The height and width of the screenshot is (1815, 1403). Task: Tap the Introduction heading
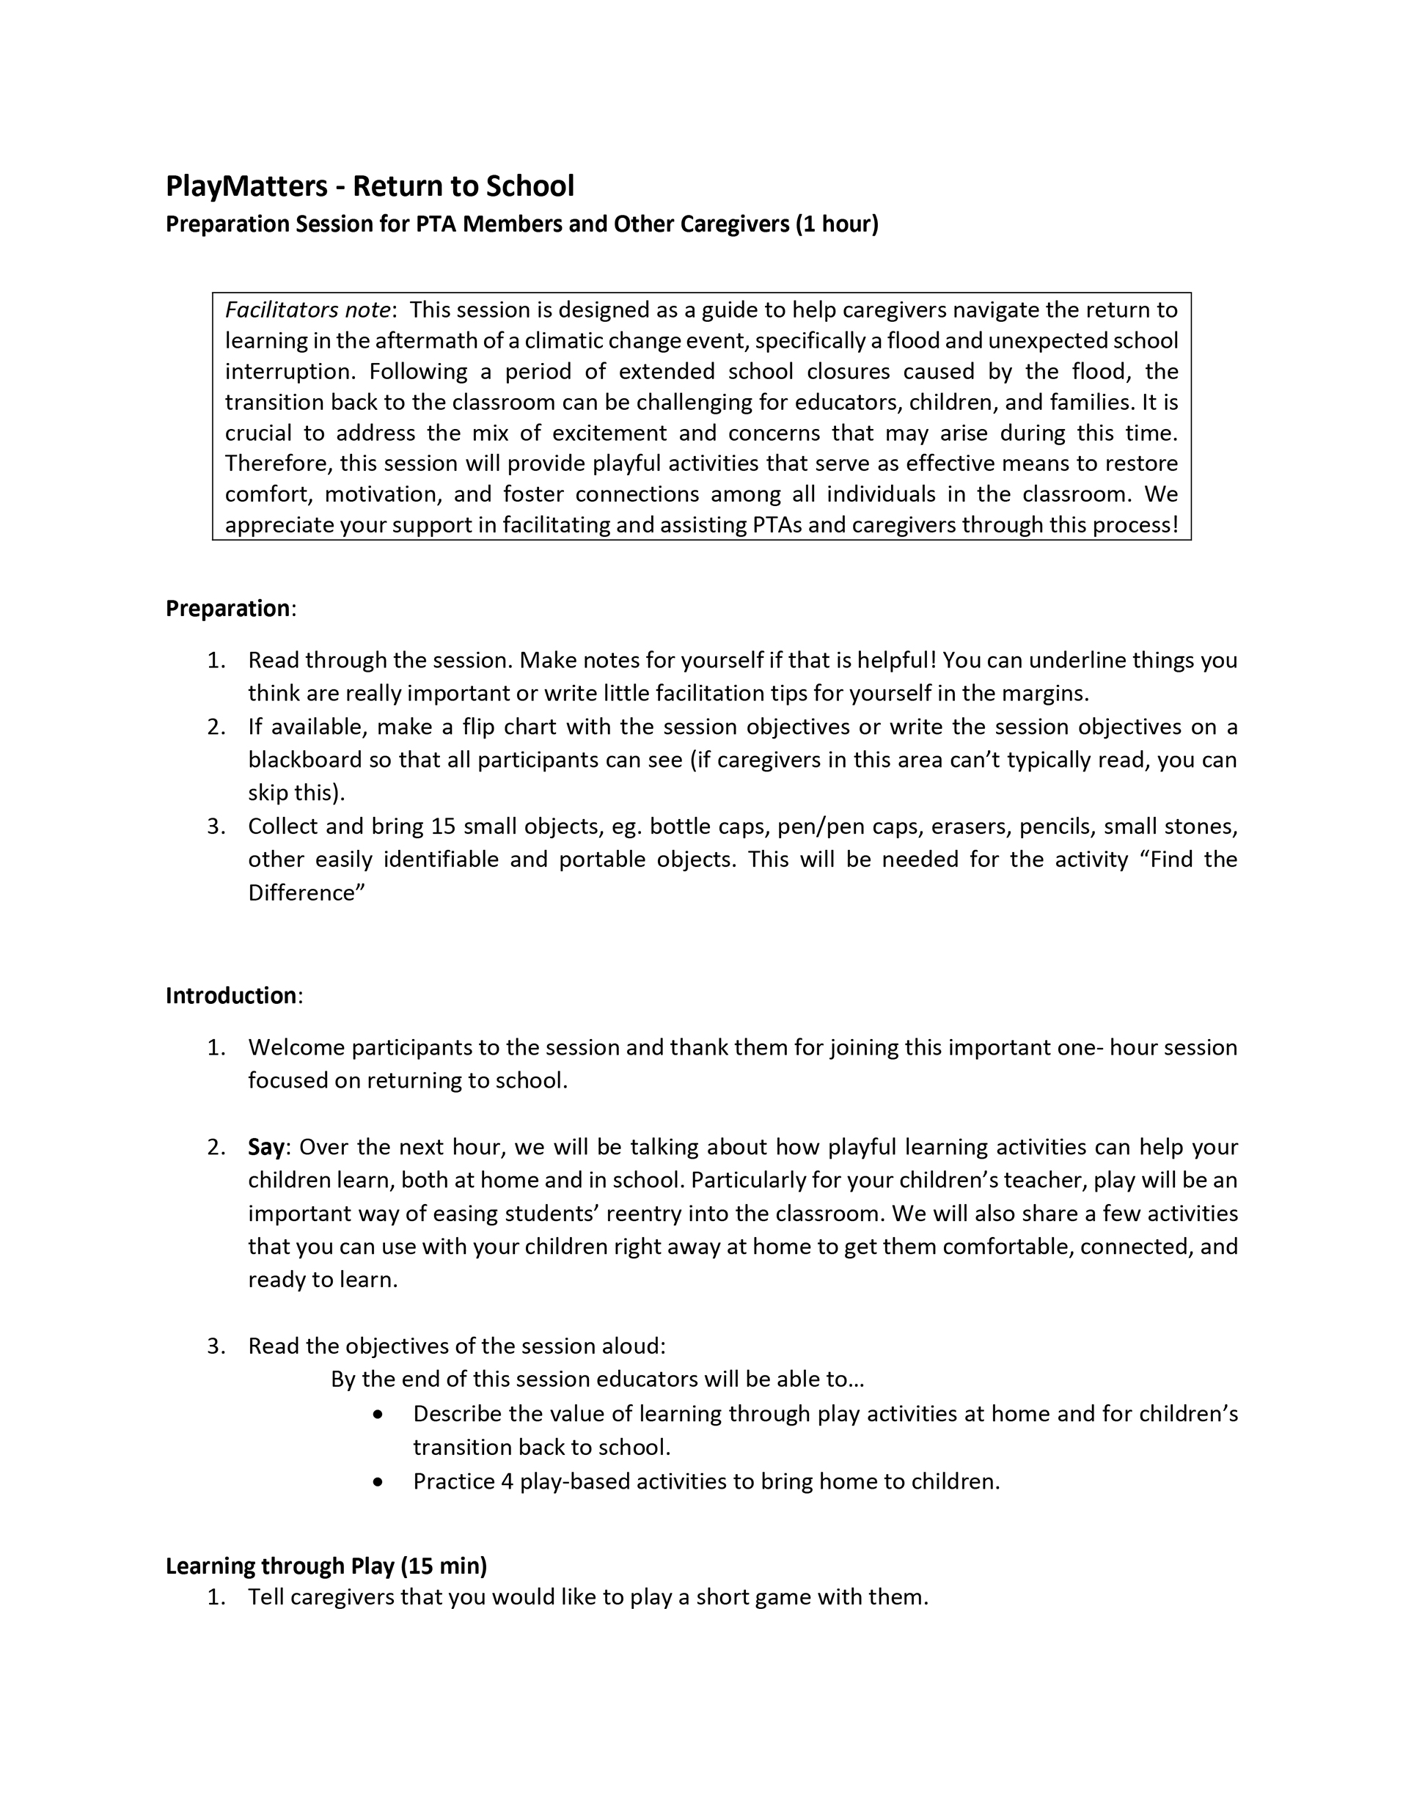coord(231,996)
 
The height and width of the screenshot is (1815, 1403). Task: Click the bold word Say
coord(266,1147)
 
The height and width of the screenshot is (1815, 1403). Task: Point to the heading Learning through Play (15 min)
coord(326,1566)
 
